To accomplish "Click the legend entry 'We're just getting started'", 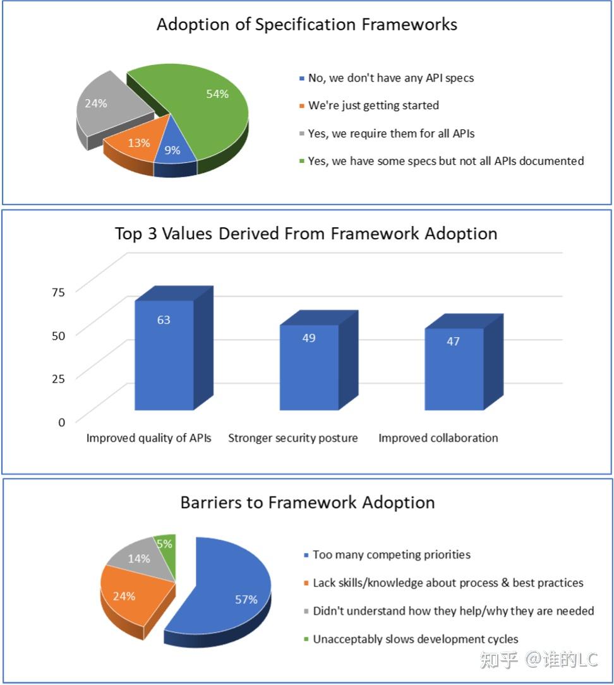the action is [x=370, y=105].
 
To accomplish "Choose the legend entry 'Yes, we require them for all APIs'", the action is [x=387, y=133].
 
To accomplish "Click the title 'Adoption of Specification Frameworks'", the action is [x=307, y=25].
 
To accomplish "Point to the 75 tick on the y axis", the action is [x=58, y=292].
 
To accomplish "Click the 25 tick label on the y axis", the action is [x=58, y=378].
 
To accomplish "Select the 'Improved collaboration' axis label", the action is [x=438, y=438].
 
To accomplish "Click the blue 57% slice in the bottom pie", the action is [x=227, y=594].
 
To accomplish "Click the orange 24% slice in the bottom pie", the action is [x=131, y=599].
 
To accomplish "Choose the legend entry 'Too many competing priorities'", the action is [x=387, y=555].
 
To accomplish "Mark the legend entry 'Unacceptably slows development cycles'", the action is [x=411, y=639].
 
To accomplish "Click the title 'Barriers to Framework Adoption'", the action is [x=308, y=503].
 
